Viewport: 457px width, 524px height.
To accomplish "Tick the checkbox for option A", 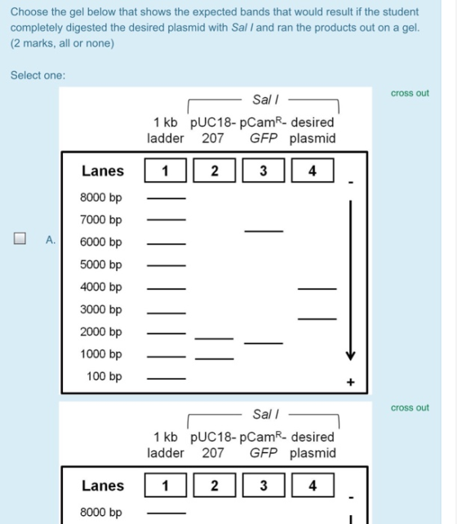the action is [20, 238].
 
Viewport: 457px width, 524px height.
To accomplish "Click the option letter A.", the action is [51, 240].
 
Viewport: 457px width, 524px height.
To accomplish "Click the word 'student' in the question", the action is [400, 12].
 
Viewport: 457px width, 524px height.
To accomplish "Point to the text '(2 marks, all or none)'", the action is [63, 43].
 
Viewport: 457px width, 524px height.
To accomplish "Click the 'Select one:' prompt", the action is [38, 75].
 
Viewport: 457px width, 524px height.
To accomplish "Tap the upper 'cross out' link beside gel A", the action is [410, 93].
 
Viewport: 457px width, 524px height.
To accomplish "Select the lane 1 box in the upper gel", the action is [166, 171].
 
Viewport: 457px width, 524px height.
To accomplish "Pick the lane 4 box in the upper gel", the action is [313, 171].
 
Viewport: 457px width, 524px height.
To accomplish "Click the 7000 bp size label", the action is [101, 220].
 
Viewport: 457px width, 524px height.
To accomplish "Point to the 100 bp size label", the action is [104, 376].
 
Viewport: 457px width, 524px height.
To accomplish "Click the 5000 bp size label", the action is [101, 264].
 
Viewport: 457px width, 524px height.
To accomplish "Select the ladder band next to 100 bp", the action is [166, 379].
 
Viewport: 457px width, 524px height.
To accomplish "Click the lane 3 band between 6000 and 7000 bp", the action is [264, 231].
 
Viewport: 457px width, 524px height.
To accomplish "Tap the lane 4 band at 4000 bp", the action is [317, 288].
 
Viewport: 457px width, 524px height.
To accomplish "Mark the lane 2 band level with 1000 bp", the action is [214, 358].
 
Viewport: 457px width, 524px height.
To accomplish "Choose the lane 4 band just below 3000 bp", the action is [317, 319].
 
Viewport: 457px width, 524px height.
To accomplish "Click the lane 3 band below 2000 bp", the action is [264, 343].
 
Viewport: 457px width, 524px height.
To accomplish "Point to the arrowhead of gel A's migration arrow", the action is [350, 356].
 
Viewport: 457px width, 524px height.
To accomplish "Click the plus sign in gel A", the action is [350, 382].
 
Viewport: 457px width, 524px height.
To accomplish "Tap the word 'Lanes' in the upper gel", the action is [103, 171].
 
